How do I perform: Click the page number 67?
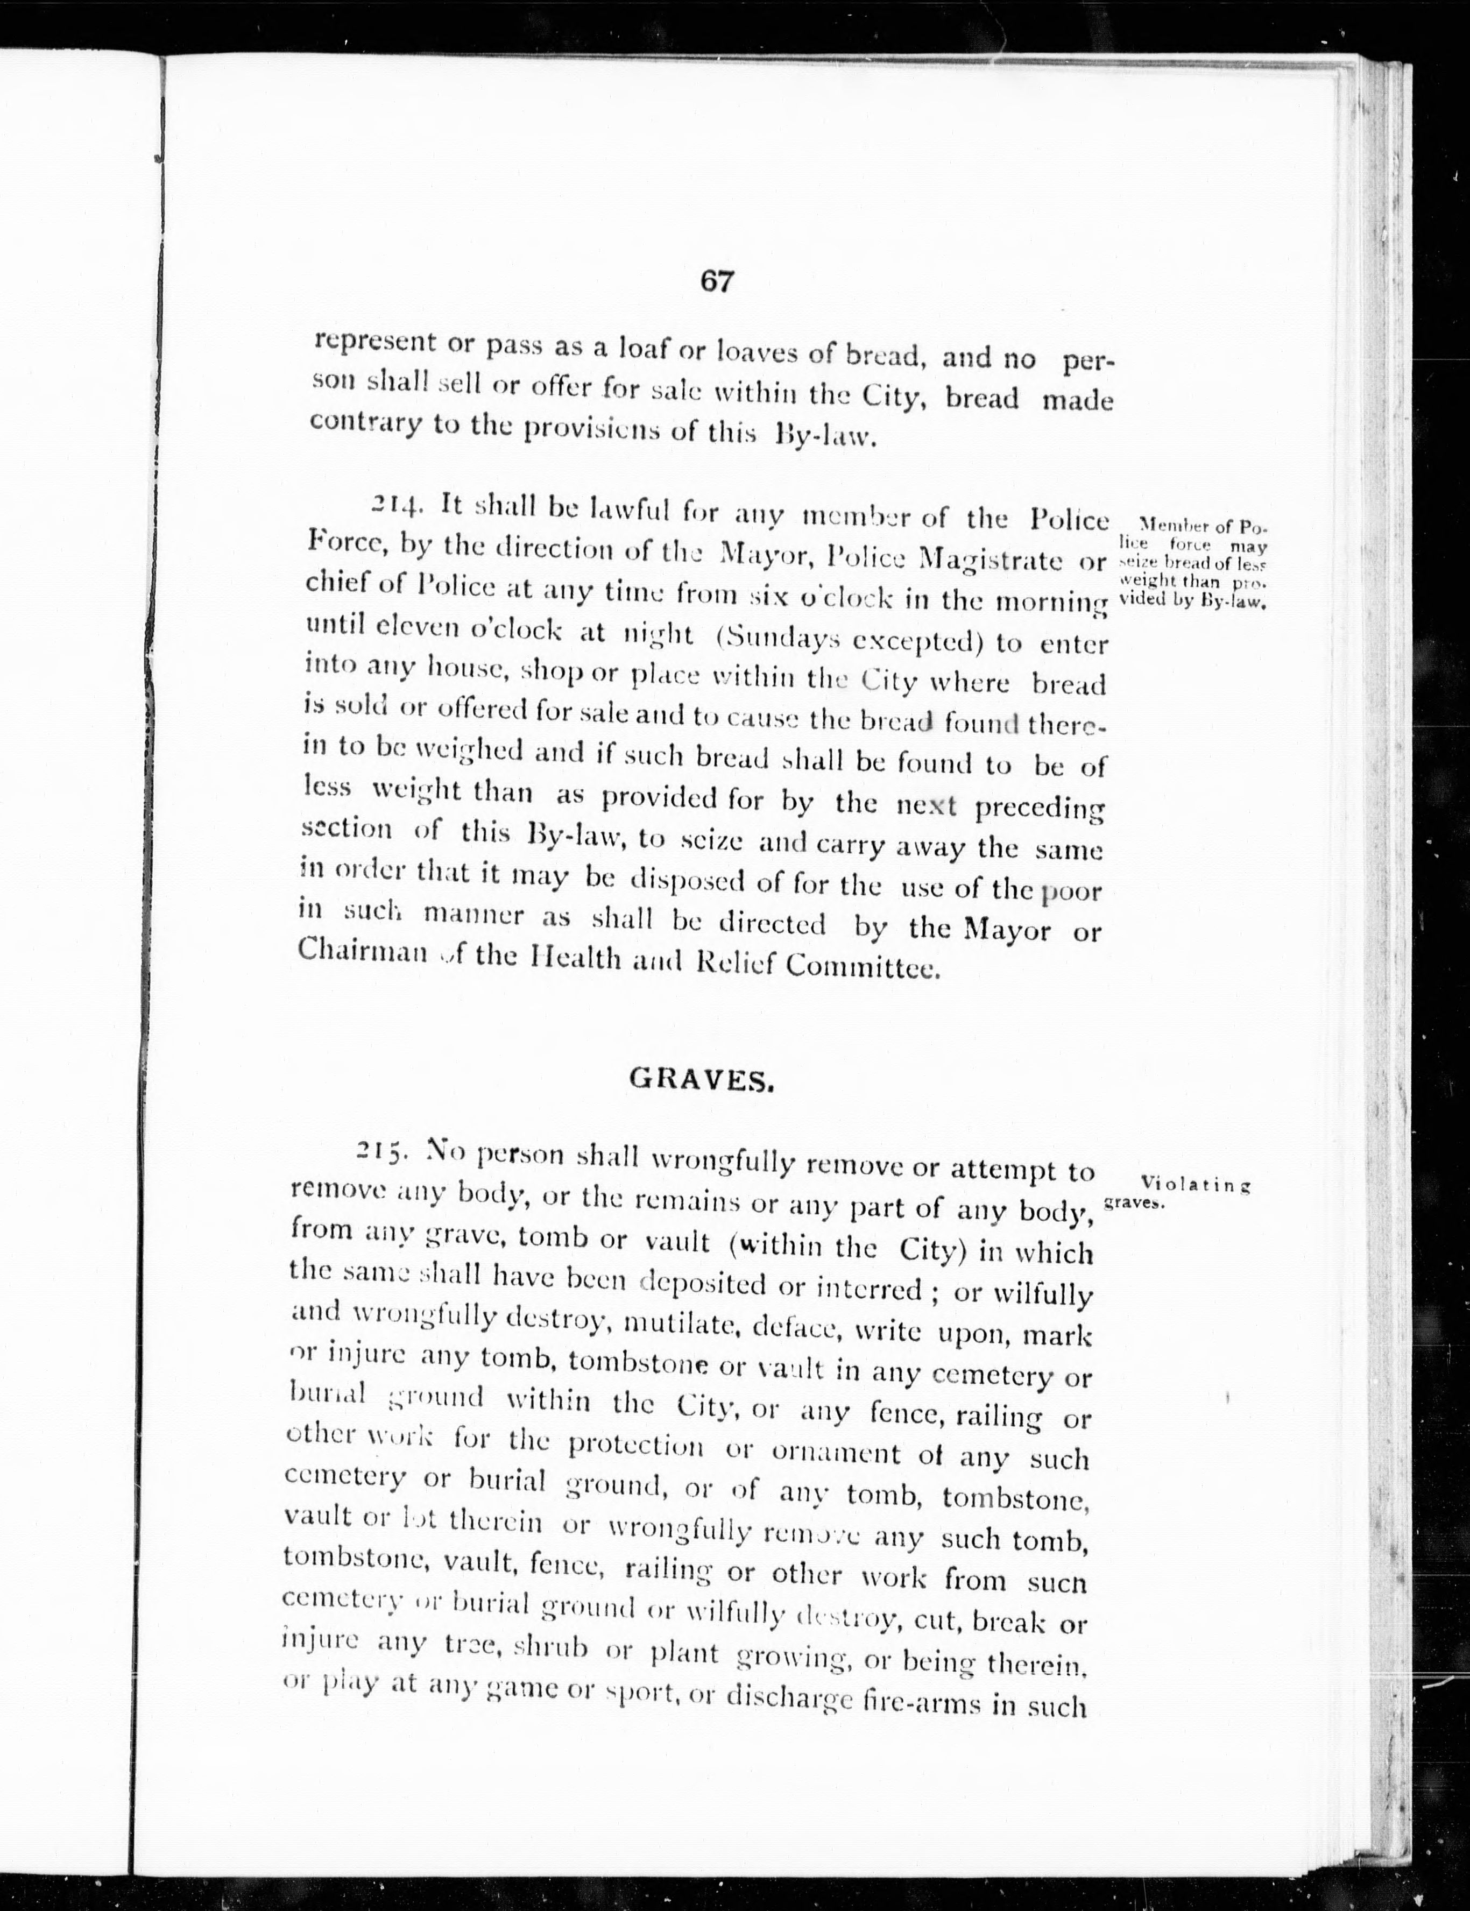coord(716,282)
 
